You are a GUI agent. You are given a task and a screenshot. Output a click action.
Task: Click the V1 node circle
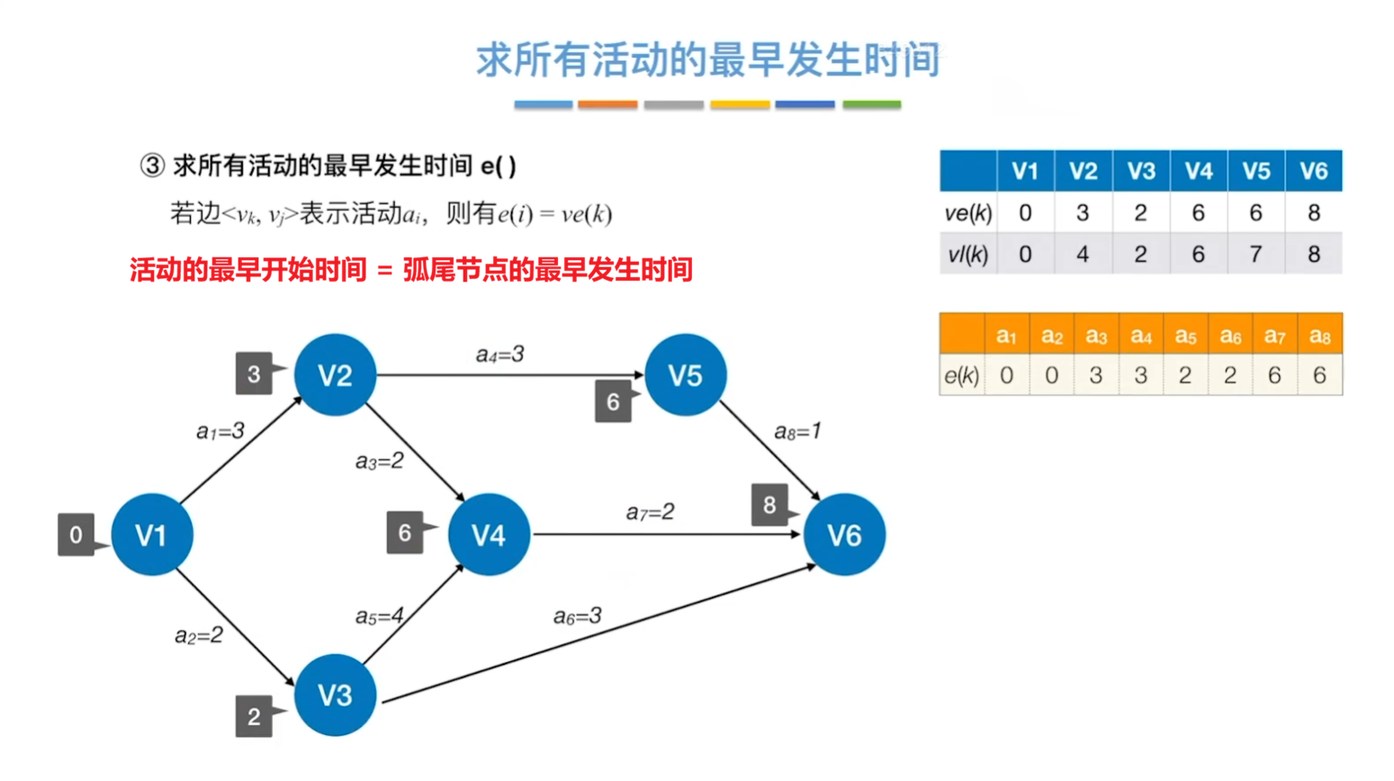click(151, 534)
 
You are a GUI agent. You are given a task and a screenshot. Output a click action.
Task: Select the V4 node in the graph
click(488, 534)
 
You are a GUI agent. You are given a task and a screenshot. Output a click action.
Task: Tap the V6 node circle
click(843, 534)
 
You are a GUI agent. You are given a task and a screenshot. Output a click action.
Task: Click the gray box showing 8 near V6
click(769, 505)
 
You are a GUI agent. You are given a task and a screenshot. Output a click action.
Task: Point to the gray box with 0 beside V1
click(76, 534)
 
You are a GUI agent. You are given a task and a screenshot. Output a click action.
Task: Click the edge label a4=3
click(499, 355)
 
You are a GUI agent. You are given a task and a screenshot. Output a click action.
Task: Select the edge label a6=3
click(577, 616)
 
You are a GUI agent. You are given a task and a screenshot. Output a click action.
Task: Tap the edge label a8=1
click(797, 432)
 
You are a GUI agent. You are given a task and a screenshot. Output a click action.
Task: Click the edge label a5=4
click(379, 616)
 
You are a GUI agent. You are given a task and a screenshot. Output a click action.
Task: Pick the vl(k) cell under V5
click(1255, 255)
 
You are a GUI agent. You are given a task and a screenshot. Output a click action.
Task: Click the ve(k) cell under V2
click(1083, 213)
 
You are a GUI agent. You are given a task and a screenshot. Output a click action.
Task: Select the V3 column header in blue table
click(1140, 171)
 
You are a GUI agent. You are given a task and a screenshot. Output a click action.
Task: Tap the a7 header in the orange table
click(1274, 336)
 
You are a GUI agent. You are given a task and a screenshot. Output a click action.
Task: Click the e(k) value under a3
click(1095, 375)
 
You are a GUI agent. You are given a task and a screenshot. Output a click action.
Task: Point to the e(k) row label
click(961, 375)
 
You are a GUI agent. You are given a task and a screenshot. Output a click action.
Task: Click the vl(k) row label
click(967, 255)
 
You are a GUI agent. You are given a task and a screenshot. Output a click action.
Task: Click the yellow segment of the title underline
click(740, 105)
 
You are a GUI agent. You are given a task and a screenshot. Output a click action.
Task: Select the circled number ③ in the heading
click(152, 166)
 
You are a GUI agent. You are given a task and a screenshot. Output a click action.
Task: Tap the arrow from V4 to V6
click(666, 534)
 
